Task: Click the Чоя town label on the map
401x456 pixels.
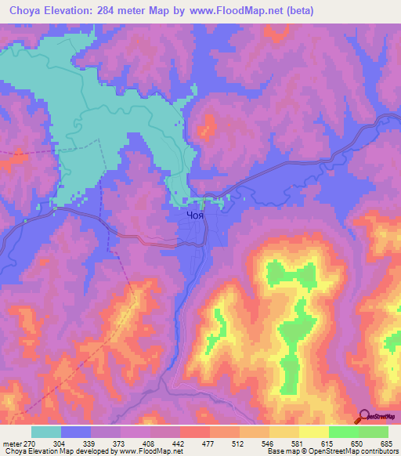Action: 196,212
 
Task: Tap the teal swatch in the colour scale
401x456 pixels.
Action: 45,432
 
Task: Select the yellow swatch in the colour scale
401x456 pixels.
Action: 313,432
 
